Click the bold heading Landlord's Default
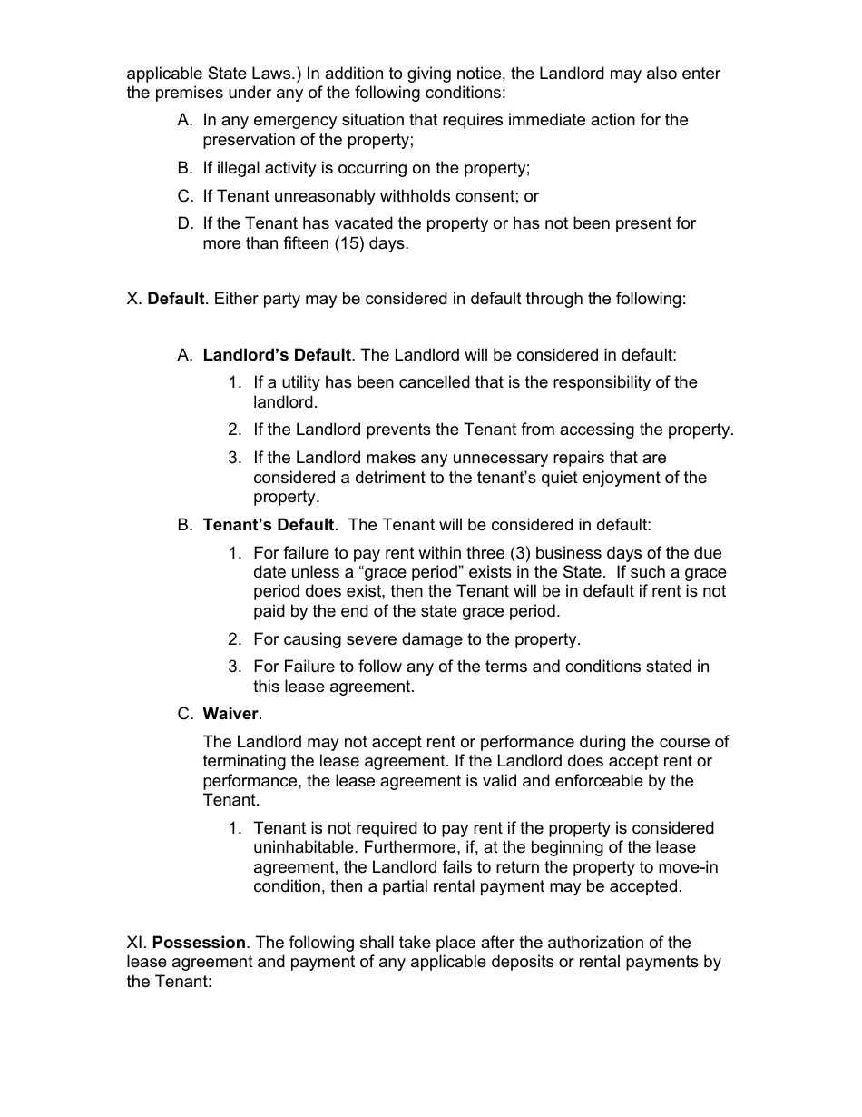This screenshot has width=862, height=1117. coord(276,355)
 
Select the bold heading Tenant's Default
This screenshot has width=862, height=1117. coord(269,525)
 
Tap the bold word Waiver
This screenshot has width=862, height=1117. coord(230,714)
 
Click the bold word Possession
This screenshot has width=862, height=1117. coord(199,943)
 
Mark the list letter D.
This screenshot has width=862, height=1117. coord(185,223)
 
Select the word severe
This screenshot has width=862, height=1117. coord(354,639)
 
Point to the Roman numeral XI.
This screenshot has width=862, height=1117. coord(136,943)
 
